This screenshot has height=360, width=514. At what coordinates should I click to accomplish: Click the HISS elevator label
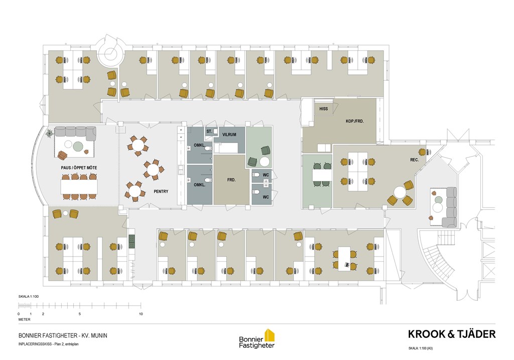323,108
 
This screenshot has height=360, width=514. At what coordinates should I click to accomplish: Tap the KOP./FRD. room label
355,121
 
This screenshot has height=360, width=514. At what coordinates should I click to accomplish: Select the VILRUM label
229,135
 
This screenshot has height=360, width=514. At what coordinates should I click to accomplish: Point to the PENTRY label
161,191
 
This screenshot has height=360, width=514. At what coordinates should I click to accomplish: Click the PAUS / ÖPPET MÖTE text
79,168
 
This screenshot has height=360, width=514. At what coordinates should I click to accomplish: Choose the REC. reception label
414,160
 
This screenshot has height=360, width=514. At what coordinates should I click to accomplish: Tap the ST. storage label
209,131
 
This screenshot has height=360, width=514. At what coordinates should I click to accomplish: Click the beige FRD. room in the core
231,180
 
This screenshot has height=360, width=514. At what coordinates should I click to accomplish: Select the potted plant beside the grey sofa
50,133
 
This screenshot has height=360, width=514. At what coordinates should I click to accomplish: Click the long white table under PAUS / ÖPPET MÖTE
79,187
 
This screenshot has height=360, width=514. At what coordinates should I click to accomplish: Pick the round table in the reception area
400,192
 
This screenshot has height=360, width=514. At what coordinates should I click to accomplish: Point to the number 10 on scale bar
141,314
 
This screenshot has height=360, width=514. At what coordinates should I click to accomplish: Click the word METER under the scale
25,319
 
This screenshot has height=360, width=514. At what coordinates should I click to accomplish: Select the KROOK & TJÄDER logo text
452,334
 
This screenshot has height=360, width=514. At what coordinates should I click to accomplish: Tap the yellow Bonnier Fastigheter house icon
270,334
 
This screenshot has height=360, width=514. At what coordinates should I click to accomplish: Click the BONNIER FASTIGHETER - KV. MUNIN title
63,336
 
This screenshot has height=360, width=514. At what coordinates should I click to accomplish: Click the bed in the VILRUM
228,148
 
